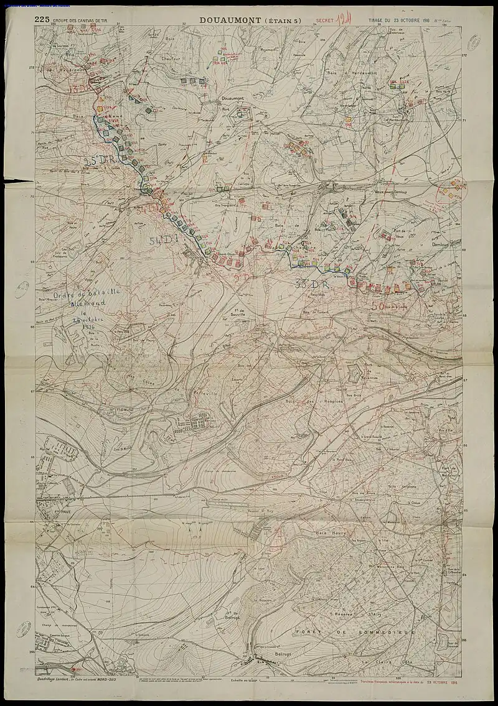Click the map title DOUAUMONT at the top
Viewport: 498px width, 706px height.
click(228, 21)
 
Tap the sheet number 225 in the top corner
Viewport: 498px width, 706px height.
click(42, 20)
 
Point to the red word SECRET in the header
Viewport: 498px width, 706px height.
click(326, 21)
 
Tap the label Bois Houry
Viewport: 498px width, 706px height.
click(330, 533)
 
